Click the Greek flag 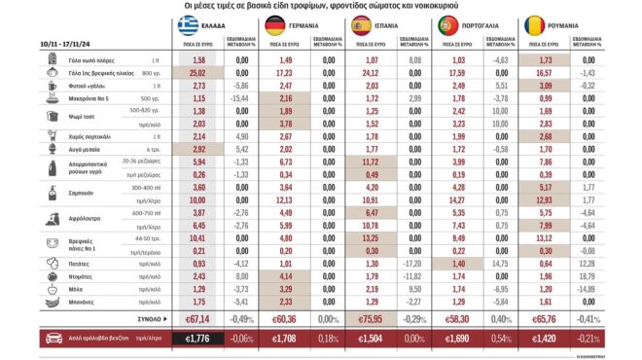[x=185, y=25]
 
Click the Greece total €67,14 [x=196, y=316]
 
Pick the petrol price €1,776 [x=197, y=339]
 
